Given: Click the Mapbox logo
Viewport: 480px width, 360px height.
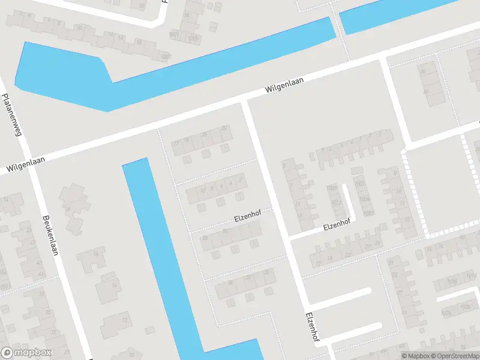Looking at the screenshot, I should click(x=26, y=353).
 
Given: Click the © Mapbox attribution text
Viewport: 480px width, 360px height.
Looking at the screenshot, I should click(x=415, y=356).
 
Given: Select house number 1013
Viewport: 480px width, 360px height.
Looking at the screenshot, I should click(x=337, y=202).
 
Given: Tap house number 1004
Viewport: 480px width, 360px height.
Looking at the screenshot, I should click(x=364, y=199).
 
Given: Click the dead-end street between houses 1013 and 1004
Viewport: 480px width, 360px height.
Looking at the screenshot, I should click(x=349, y=201).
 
